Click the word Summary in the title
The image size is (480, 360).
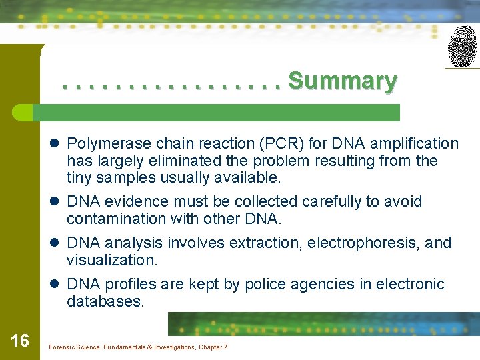coord(343,81)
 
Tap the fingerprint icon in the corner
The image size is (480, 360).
coord(462,46)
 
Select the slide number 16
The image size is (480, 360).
coord(20,341)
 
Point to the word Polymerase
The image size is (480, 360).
coord(109,143)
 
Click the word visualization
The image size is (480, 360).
coord(110,260)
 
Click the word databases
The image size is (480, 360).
coord(105,301)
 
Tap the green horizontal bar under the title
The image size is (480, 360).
coord(220,112)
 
